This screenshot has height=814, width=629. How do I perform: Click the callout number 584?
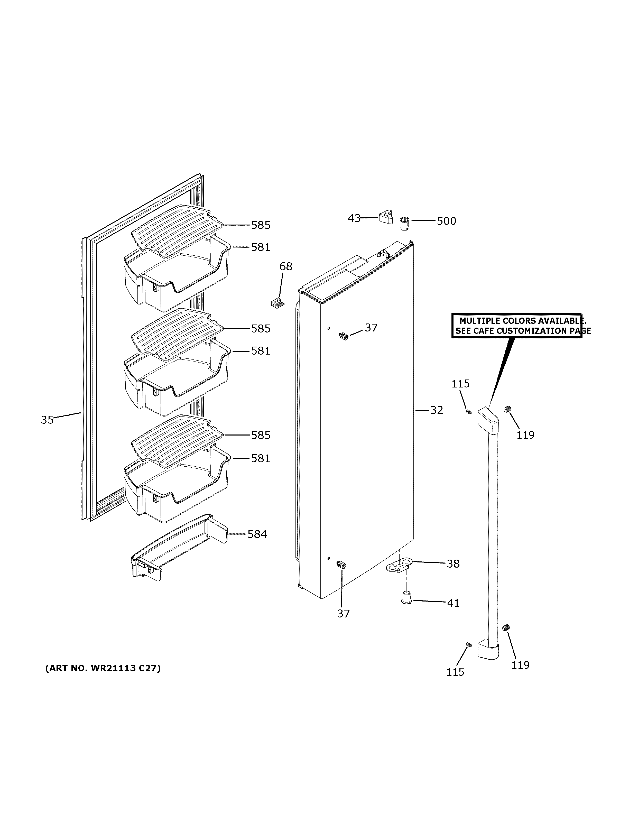click(x=257, y=534)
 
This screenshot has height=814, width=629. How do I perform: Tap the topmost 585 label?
click(x=261, y=225)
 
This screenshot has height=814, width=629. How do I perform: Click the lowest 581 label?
click(x=261, y=458)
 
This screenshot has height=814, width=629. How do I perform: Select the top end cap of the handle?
click(x=487, y=420)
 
